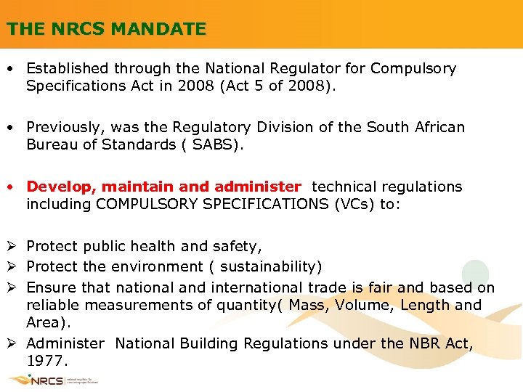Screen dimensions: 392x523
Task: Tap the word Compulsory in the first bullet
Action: (413, 69)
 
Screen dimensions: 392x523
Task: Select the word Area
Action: (44, 322)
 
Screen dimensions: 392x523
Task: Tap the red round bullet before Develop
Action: (12, 187)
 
